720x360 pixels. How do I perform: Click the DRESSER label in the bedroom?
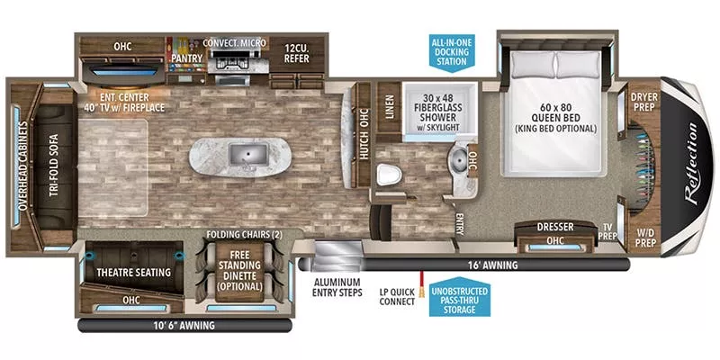555,227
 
